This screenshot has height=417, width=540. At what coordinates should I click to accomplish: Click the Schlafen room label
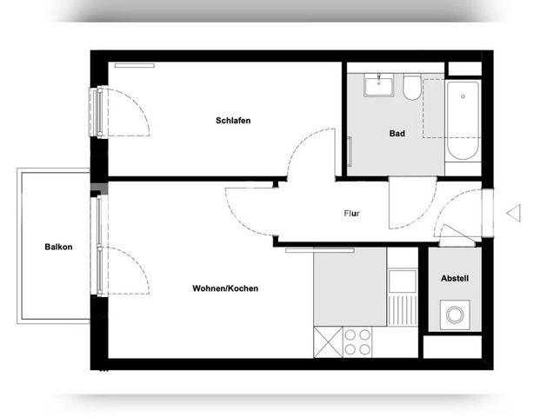coord(233,121)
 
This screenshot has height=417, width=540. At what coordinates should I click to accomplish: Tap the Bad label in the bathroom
coord(397,134)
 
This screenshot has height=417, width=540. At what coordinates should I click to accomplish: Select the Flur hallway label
coord(352,213)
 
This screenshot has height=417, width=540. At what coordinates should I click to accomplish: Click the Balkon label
coord(58,247)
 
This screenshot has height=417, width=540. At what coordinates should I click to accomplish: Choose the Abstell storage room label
coord(455,279)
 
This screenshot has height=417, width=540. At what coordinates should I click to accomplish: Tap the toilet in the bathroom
coord(411,86)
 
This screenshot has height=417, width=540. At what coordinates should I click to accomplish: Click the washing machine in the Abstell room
coord(454,314)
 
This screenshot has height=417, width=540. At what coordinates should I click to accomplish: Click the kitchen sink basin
coord(402,281)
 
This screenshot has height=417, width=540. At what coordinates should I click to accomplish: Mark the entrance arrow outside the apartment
coord(512,212)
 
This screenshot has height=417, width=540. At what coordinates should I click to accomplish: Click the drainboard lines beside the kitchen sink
coord(402,308)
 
